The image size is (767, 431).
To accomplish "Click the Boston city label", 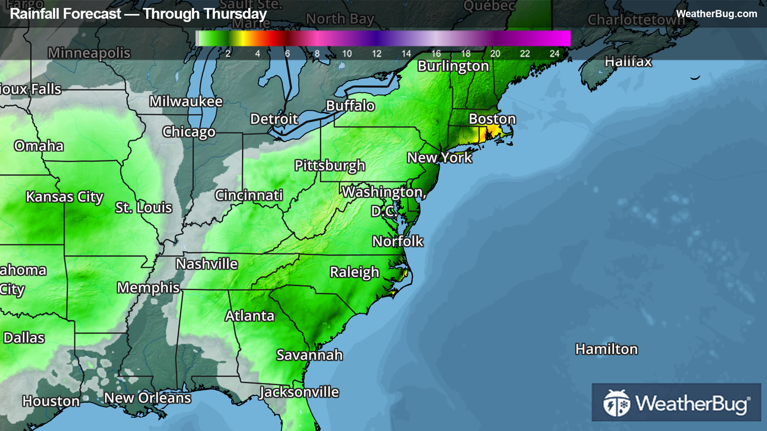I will (x=492, y=119).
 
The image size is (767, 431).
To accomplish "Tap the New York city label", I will (x=439, y=158).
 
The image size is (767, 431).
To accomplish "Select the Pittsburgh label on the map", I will (x=330, y=165).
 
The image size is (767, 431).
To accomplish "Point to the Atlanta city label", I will (x=250, y=316).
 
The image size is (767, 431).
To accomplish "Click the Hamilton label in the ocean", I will (x=606, y=349).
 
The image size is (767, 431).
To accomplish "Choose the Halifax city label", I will (x=628, y=62).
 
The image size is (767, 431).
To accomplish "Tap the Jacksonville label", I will (x=299, y=392).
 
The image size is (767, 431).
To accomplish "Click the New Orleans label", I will (x=147, y=398).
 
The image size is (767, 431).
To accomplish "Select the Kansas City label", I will (x=64, y=197).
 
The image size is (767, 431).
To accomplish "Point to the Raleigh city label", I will (x=354, y=272).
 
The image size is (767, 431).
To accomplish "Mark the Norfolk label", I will (x=397, y=241).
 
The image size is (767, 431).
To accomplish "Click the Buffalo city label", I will (x=350, y=106).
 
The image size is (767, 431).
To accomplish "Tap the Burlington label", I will (x=453, y=66).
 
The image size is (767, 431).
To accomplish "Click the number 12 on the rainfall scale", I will (x=376, y=54).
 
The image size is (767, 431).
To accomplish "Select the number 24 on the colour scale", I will (x=554, y=54).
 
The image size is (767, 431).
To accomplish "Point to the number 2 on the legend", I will (x=228, y=54).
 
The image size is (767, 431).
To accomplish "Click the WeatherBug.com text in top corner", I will (x=716, y=14).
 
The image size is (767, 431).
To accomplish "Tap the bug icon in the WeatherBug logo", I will (x=616, y=403).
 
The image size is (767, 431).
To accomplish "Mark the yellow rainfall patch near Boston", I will (x=486, y=135).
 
